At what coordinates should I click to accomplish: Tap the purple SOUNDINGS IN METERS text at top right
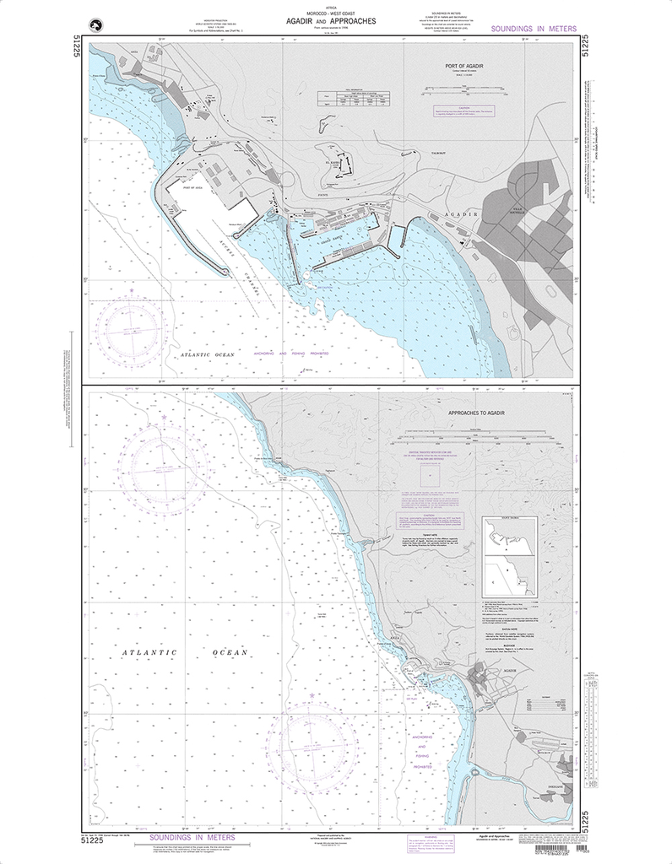tap(533, 30)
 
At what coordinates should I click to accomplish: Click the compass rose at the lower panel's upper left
tap(163, 462)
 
